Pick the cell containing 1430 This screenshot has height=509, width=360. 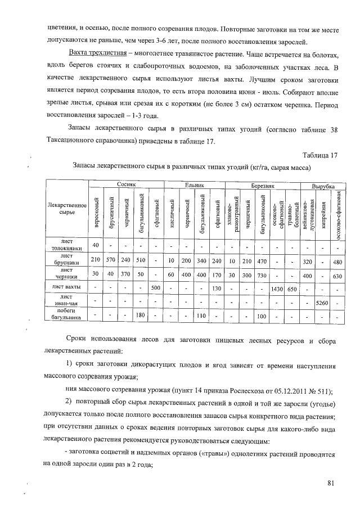click(276, 289)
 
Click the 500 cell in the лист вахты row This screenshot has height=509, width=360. click(156, 289)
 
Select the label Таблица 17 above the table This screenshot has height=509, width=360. click(319, 155)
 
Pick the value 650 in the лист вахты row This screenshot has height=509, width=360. click(291, 289)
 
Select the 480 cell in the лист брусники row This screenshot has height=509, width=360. click(337, 261)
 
